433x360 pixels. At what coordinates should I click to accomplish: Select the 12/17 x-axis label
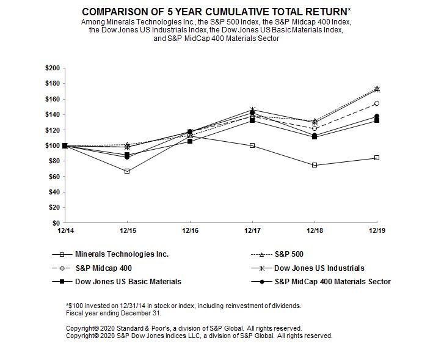[x=252, y=230]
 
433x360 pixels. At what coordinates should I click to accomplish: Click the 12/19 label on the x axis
[x=377, y=230]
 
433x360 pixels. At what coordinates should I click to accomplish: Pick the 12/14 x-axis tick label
[x=65, y=230]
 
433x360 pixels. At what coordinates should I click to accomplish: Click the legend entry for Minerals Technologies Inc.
[x=122, y=254]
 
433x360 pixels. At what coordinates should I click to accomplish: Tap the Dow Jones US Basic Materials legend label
[x=128, y=282]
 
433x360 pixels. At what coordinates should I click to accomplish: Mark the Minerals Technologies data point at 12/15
[x=127, y=171]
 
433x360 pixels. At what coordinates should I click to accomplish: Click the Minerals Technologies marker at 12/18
[x=315, y=165]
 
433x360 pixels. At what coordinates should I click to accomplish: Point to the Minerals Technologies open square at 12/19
[x=377, y=158]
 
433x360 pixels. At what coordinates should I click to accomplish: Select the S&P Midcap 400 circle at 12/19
[x=377, y=103]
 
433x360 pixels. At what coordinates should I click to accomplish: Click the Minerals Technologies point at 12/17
[x=252, y=145]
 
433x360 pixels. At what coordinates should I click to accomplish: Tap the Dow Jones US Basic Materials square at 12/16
[x=189, y=141]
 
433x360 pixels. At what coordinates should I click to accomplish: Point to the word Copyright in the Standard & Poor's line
[x=82, y=328]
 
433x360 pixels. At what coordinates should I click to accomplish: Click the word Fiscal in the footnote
[x=75, y=312]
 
